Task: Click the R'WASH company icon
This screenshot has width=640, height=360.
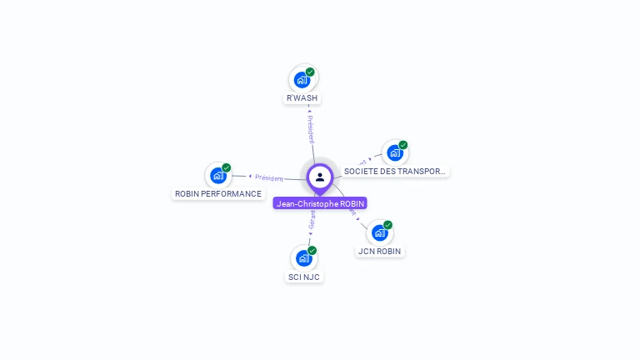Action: coord(302,81)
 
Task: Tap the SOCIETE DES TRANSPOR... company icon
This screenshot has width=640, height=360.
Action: coord(395,153)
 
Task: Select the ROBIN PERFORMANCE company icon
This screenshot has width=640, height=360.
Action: coord(218,176)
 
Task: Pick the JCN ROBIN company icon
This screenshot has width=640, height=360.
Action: coord(380,232)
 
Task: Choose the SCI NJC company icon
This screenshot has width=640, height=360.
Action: coord(304,258)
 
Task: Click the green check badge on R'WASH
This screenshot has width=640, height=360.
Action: coord(310,72)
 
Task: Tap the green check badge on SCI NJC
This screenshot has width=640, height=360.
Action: coord(312,250)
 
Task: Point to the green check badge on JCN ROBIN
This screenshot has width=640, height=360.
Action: coord(388,224)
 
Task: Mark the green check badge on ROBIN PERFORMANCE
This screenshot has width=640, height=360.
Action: coord(227,167)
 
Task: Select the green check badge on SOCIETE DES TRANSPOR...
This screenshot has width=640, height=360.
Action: coord(403,145)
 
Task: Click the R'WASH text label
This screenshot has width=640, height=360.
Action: coord(302,98)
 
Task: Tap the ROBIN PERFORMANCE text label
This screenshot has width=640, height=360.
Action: coord(218,194)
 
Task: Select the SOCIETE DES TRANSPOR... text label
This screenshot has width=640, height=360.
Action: coord(395,171)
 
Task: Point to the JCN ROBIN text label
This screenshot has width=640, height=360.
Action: coord(380,251)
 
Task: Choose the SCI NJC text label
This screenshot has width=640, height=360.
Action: coord(304,277)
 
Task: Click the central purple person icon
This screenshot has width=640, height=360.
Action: coord(320,177)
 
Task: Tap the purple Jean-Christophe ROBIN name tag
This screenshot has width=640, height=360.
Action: coord(320,203)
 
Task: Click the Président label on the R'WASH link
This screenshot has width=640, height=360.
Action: coord(310,129)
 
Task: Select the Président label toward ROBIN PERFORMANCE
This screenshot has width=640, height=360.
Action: coord(269,177)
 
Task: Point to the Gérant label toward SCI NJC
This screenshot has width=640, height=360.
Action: coord(312,219)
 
